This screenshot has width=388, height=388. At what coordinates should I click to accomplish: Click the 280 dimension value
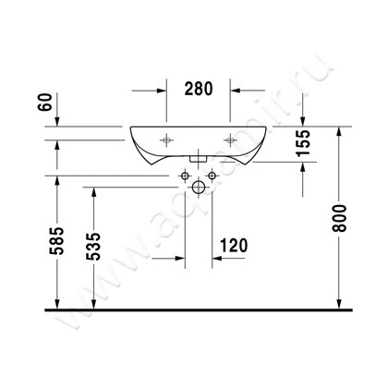(198, 89)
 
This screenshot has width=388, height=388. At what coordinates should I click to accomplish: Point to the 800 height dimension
(346, 219)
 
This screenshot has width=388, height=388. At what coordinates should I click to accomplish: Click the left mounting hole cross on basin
(167, 140)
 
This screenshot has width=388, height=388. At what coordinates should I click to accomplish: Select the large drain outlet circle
(197, 188)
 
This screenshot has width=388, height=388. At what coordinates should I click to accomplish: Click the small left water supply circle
(183, 176)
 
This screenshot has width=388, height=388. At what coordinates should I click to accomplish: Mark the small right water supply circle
(212, 176)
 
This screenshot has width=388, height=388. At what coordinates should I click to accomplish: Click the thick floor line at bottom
(194, 311)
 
